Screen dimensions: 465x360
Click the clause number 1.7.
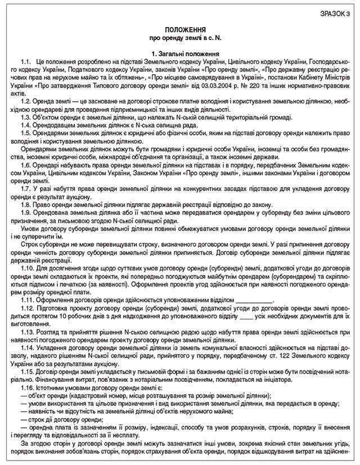point(26,189)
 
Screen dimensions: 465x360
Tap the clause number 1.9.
point(26,213)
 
